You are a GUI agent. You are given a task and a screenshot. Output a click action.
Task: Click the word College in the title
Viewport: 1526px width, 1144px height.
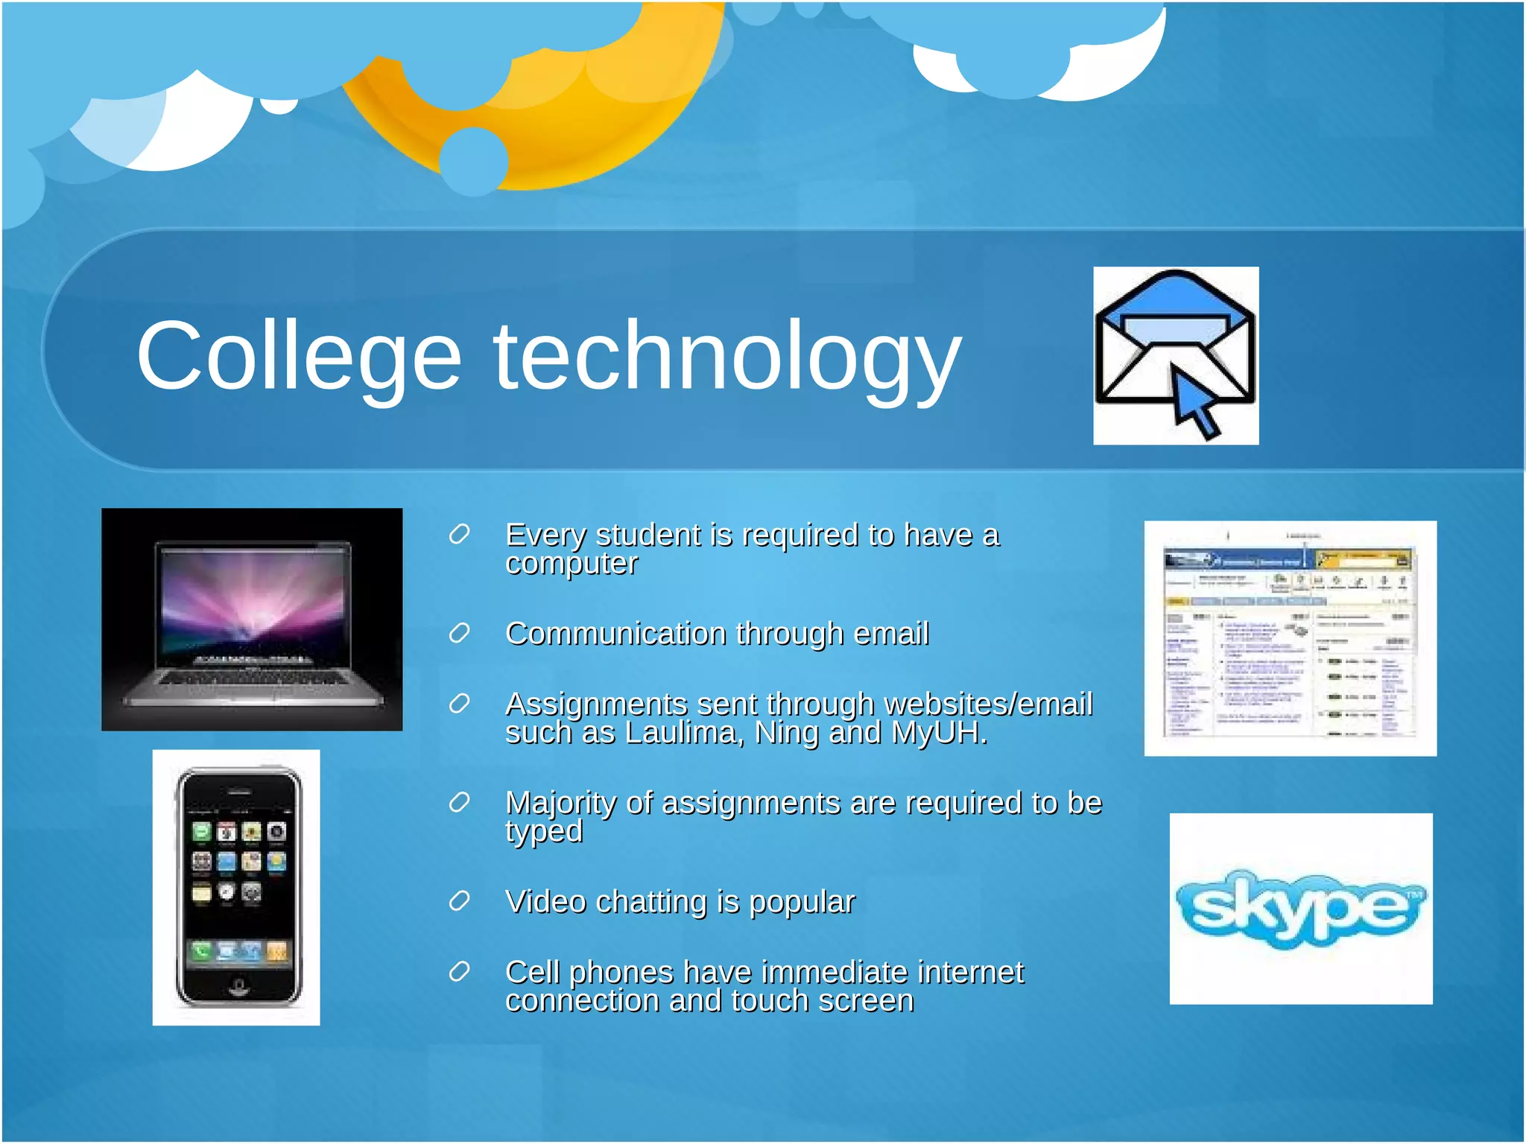(x=298, y=356)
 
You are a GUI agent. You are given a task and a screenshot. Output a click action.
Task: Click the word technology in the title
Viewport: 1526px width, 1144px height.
(x=726, y=356)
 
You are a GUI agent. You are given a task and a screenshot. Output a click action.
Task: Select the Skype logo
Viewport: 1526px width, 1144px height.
(x=1300, y=909)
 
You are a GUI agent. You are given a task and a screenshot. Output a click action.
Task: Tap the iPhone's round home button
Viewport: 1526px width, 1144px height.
(x=238, y=988)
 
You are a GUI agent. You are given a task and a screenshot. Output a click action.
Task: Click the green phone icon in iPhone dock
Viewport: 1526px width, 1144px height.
(x=201, y=951)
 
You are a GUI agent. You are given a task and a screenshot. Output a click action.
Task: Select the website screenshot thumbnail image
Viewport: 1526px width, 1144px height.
(x=1290, y=638)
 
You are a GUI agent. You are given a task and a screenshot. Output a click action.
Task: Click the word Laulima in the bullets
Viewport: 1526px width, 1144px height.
(x=683, y=734)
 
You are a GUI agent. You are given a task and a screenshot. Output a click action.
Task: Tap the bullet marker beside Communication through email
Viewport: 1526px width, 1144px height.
(x=459, y=634)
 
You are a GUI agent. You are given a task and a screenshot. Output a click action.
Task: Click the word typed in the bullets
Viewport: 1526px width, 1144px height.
(x=544, y=832)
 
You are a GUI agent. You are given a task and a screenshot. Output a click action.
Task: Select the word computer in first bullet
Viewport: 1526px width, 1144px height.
(x=572, y=564)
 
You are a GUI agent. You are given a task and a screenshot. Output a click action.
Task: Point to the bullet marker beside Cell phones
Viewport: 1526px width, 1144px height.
(x=459, y=972)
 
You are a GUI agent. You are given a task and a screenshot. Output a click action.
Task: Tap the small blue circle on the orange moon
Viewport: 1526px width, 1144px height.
(x=474, y=161)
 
